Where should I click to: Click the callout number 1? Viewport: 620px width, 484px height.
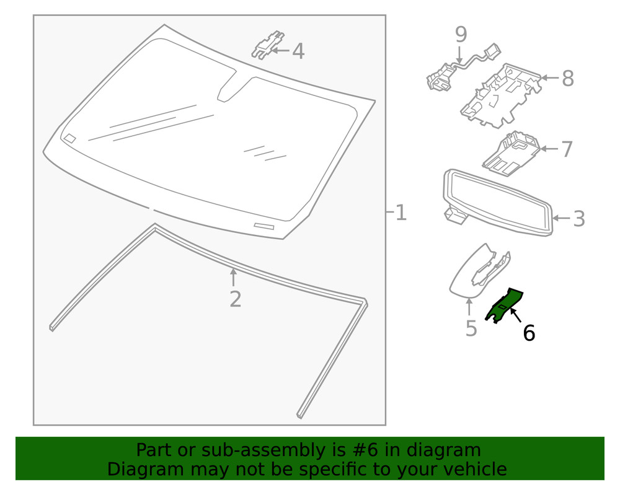pos(401,213)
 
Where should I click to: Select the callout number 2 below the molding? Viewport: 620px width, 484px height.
pos(235,299)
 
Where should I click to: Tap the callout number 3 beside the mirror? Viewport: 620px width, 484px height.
pos(578,218)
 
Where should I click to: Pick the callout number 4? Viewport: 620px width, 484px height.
pos(298,51)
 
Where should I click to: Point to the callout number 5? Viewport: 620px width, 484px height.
pos(471,328)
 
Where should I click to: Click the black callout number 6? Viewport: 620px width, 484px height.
pos(528,333)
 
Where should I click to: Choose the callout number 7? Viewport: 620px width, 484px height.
pos(567,149)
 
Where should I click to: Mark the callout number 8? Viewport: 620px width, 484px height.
pos(567,79)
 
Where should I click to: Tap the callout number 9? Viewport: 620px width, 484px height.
pos(461,34)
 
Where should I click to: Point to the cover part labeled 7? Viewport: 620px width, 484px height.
pos(511,152)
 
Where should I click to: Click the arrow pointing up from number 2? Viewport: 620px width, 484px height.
pos(234,277)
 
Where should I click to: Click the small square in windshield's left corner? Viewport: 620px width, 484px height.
pos(70,138)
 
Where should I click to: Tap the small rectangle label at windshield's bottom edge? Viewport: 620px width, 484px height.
pos(263,226)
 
